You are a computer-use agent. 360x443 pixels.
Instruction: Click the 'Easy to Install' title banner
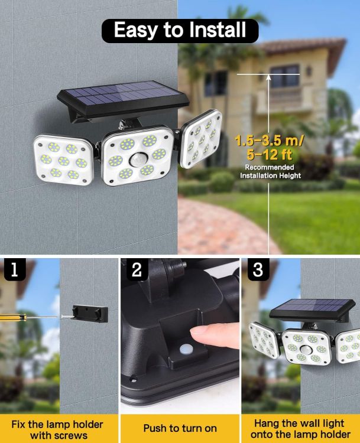180,30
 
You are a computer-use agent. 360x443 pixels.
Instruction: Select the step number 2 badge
137,270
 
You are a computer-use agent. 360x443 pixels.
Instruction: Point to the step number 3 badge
258,270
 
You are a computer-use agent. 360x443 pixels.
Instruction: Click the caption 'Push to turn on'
180,428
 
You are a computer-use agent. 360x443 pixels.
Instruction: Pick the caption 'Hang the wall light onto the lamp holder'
300,429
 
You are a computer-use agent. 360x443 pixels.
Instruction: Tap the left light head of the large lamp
63,158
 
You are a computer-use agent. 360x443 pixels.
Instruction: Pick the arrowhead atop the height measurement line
268,77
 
